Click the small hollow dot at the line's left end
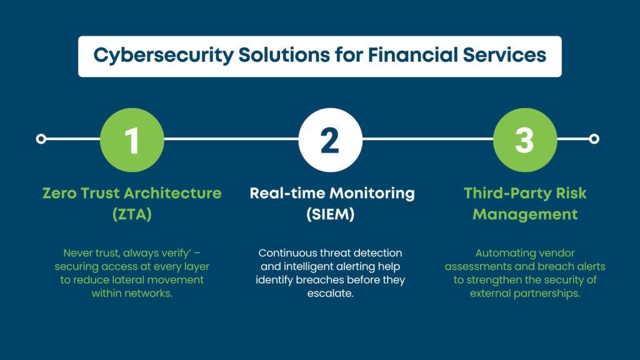tap(41, 139)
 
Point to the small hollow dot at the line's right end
tap(594, 139)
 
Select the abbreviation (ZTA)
tap(132, 214)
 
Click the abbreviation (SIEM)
tap(332, 214)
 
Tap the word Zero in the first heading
tap(59, 193)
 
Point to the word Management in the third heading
tap(525, 214)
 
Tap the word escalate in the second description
tap(331, 292)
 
